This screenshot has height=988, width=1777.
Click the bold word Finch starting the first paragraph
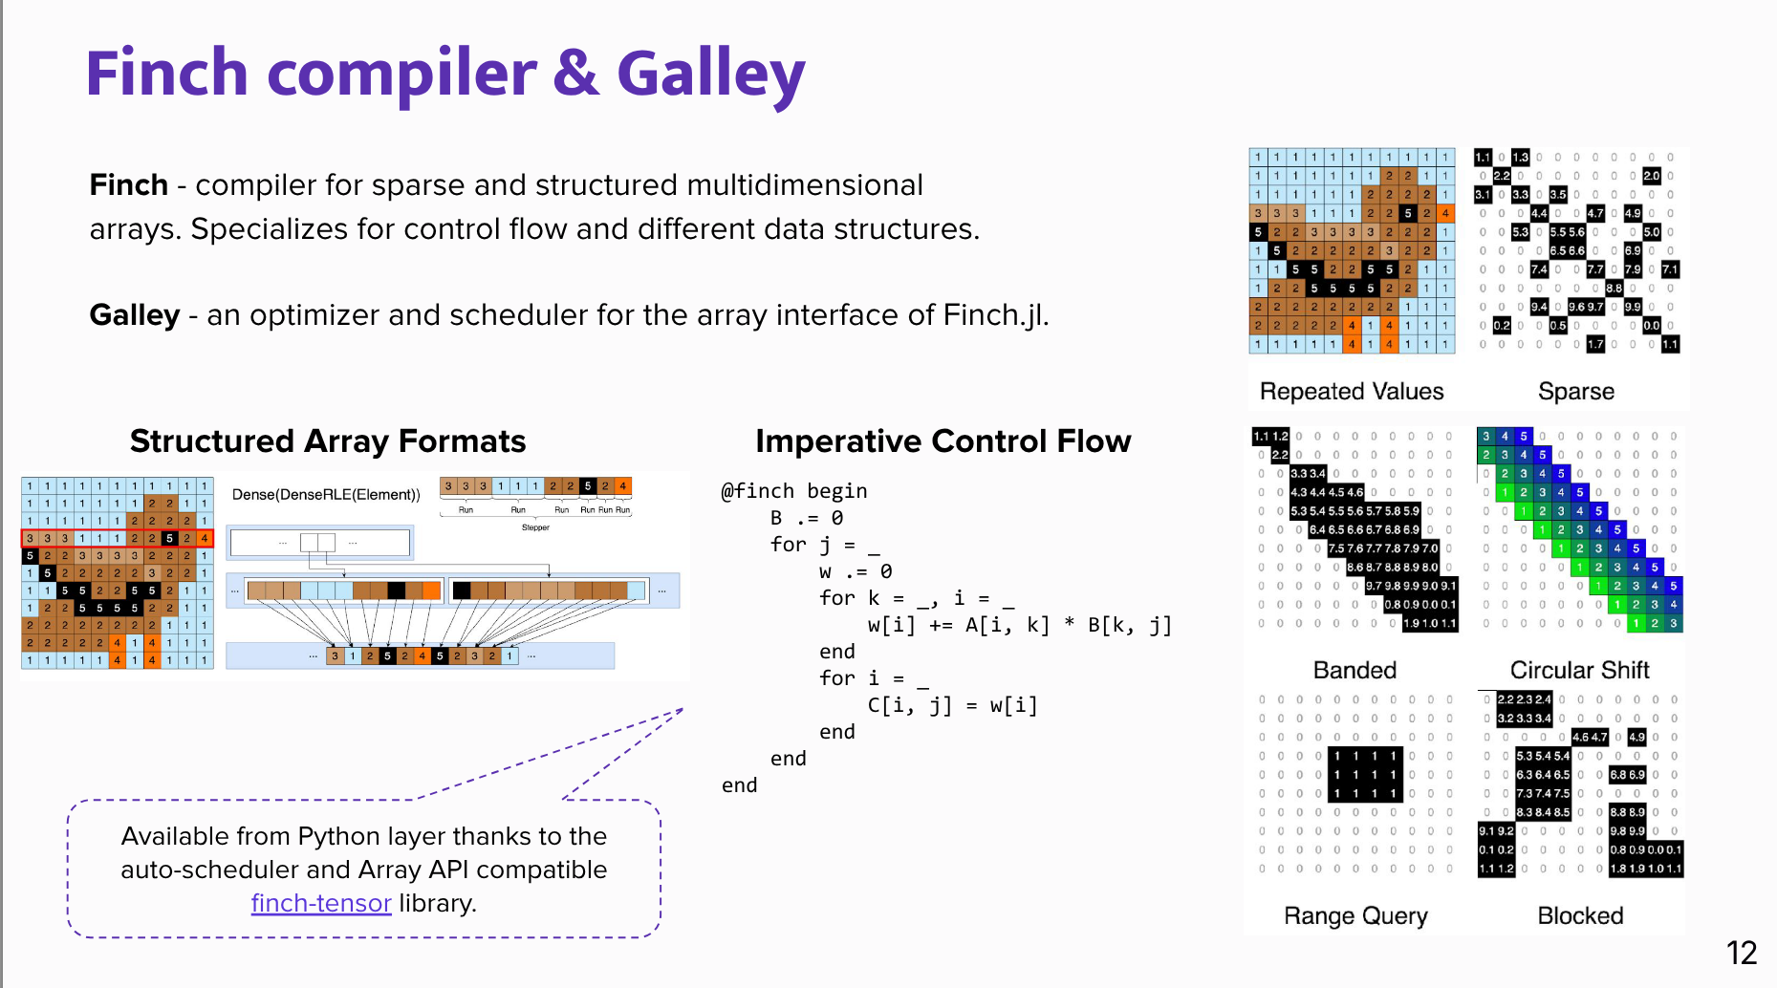(x=128, y=184)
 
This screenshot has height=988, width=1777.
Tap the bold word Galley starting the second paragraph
(x=134, y=314)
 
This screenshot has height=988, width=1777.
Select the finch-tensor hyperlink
(x=321, y=903)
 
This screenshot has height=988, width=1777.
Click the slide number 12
(x=1741, y=953)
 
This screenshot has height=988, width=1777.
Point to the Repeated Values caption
(x=1351, y=391)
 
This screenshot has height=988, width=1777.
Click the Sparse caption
(x=1575, y=391)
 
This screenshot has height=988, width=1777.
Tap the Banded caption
(x=1354, y=670)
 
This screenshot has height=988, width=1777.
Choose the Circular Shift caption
(x=1579, y=670)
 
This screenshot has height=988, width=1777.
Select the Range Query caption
(x=1354, y=915)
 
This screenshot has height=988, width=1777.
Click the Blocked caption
(x=1580, y=915)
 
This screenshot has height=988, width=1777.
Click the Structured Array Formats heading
(x=328, y=441)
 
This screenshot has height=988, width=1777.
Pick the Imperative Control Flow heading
(x=943, y=441)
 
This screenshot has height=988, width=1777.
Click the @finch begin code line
(x=793, y=491)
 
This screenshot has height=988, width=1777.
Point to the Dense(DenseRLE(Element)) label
(x=326, y=494)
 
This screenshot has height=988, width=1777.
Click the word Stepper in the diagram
(x=535, y=527)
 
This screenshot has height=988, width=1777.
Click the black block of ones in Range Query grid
(x=1365, y=774)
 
